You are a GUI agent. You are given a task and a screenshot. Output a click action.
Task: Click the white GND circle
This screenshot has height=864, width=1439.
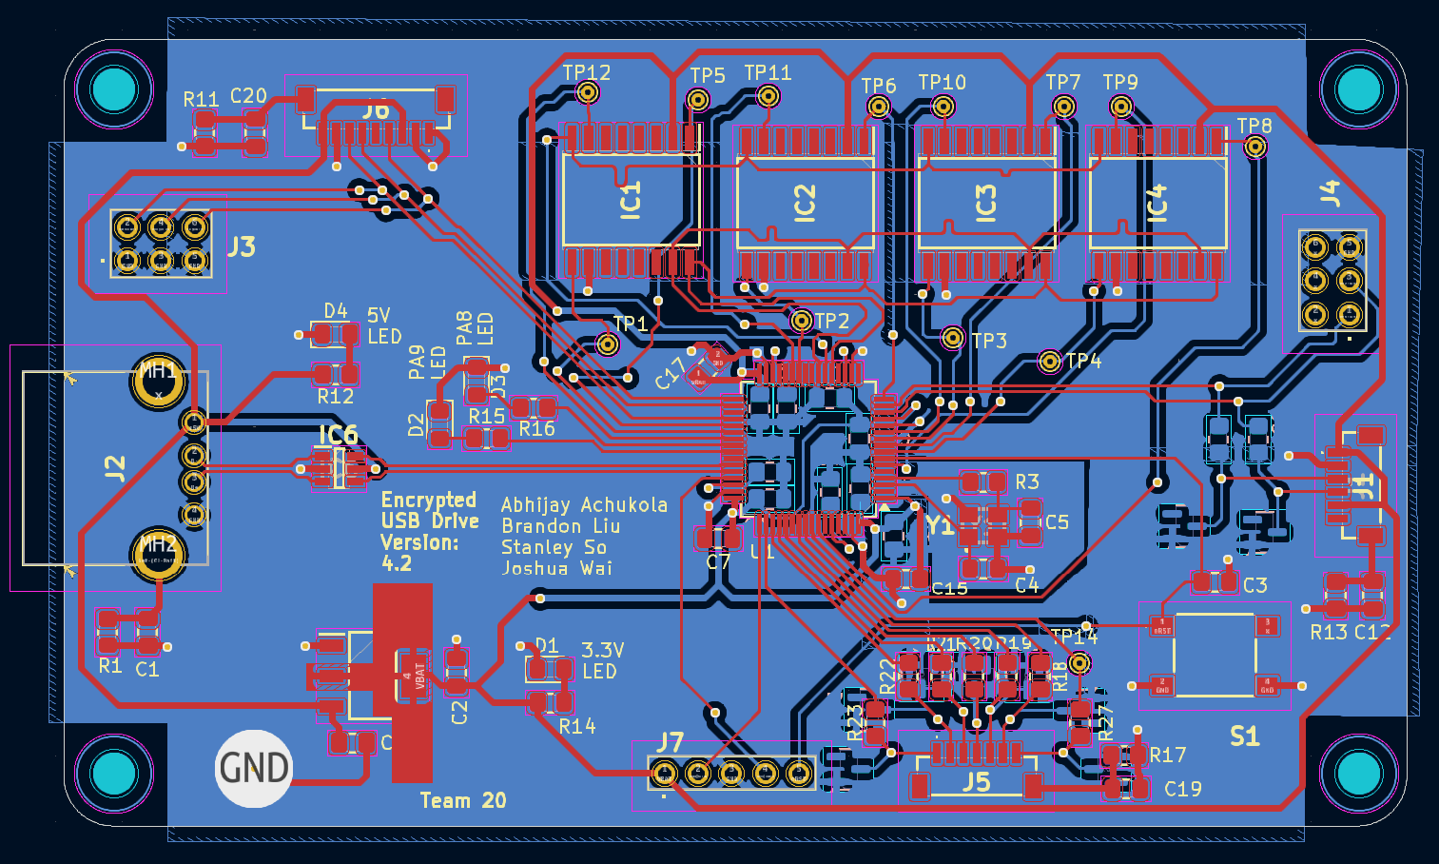click(254, 769)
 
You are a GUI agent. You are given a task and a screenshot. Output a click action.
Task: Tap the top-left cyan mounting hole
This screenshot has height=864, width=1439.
click(114, 89)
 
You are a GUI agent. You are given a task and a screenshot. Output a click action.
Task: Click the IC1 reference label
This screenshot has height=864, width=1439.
click(631, 201)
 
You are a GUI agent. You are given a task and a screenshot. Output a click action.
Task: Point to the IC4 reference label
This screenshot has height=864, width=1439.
click(1157, 204)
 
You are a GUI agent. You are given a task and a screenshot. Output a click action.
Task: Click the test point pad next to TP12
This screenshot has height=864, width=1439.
click(588, 92)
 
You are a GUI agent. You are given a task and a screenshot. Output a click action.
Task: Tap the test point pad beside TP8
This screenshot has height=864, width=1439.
click(1255, 147)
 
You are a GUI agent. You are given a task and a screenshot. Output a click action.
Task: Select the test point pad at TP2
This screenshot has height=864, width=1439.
click(802, 320)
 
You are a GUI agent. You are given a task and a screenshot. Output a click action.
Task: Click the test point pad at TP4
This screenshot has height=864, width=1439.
click(1049, 362)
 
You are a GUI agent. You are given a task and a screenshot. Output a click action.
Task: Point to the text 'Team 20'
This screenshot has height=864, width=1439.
click(463, 800)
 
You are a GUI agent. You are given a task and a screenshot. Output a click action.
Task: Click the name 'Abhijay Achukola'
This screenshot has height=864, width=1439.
click(584, 505)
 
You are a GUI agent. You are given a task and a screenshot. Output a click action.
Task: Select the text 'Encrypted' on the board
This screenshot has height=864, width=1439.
click(428, 500)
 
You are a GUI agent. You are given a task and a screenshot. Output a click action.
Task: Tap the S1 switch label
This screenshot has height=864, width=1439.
click(1244, 736)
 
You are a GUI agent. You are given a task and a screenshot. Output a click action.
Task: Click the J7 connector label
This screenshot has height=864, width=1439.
click(670, 741)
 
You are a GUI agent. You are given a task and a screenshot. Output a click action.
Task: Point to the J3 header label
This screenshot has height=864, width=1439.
click(241, 247)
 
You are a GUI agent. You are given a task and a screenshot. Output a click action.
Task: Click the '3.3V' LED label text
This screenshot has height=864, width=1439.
click(602, 650)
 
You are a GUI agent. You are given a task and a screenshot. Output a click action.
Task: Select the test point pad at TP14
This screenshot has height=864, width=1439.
click(1079, 662)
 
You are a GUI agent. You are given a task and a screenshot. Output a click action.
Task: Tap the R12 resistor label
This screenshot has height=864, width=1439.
click(335, 396)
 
